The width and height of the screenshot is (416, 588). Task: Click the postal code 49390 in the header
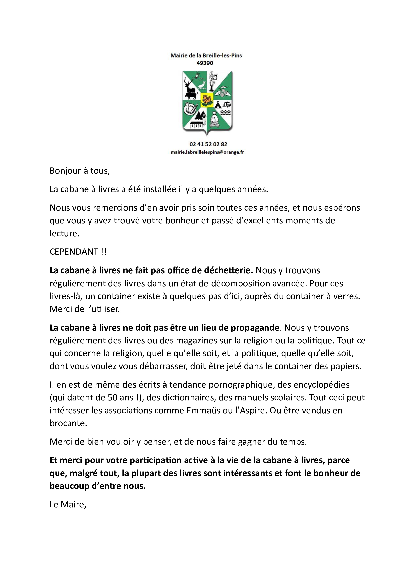[x=205, y=63]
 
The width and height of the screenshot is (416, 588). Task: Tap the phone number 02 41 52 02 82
[x=208, y=144]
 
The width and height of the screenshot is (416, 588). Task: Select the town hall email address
[x=207, y=152]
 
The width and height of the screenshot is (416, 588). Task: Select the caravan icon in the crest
[x=227, y=104]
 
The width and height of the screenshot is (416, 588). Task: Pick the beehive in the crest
[x=214, y=119]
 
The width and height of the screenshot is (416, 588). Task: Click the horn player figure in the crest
[x=212, y=81]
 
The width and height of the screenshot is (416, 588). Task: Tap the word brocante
[x=68, y=423]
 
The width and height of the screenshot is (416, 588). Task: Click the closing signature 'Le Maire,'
[x=68, y=505]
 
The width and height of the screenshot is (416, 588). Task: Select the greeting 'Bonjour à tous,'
[x=80, y=171]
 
